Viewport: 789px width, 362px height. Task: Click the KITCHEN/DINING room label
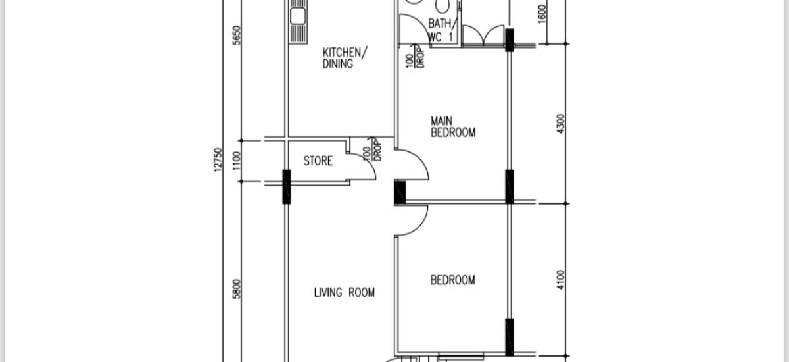(345, 58)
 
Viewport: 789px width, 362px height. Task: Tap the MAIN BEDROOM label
(452, 127)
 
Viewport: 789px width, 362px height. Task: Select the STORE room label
(318, 161)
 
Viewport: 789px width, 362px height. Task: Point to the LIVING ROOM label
(344, 292)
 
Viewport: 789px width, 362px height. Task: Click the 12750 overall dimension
(218, 160)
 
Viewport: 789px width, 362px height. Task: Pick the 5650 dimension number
(237, 36)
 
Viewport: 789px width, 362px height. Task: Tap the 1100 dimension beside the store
(237, 161)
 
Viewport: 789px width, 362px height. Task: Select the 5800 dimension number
(237, 289)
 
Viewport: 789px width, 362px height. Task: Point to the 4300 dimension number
(561, 124)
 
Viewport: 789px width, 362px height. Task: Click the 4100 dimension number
(561, 280)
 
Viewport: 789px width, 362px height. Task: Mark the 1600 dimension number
(542, 14)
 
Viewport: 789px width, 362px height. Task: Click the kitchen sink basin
(298, 16)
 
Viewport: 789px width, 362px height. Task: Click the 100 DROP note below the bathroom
(416, 57)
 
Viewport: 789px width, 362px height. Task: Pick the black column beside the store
(287, 187)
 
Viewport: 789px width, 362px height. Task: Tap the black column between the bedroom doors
(400, 192)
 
